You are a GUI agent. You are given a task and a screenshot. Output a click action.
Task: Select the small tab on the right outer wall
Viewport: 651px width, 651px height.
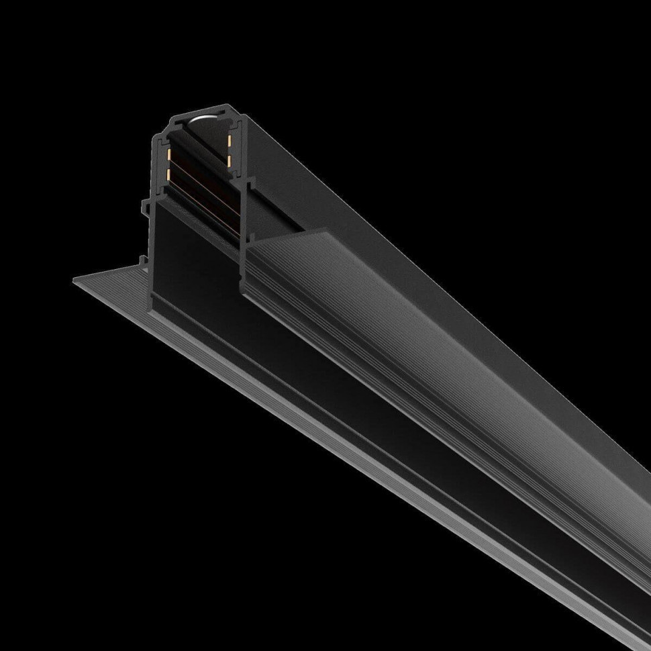pyautogui.click(x=250, y=183)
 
